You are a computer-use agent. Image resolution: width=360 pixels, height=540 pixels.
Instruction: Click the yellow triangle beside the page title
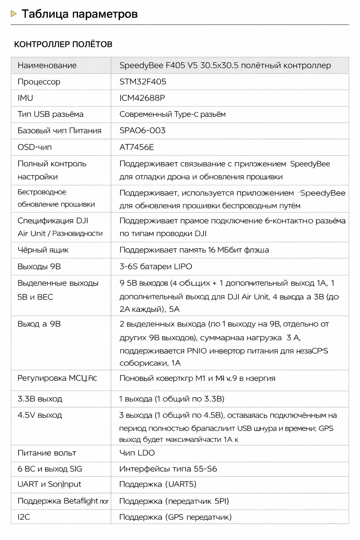(14, 14)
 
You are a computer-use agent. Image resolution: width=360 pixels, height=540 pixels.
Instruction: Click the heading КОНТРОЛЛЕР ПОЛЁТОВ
(63, 44)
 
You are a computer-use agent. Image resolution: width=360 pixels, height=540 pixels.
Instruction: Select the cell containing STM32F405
(143, 82)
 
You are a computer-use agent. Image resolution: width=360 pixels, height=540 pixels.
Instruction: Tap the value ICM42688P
(142, 98)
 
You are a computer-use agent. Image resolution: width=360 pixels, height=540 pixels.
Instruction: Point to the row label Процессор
(39, 82)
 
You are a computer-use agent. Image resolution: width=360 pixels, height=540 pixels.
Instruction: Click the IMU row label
(25, 98)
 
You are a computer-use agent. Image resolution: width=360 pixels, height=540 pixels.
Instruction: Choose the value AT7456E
(136, 147)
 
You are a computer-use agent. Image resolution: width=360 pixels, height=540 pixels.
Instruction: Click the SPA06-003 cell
(142, 130)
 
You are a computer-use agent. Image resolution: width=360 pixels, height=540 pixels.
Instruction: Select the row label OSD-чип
(34, 147)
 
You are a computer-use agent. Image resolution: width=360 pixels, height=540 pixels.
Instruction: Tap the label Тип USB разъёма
(50, 114)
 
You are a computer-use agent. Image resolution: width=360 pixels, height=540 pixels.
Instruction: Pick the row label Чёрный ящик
(43, 250)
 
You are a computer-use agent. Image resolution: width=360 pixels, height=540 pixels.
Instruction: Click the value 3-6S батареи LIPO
(156, 266)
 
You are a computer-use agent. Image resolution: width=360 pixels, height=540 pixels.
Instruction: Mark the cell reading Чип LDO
(137, 453)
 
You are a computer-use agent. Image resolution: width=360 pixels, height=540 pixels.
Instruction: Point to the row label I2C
(24, 517)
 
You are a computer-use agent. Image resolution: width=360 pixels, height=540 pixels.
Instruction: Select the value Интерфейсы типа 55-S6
(168, 469)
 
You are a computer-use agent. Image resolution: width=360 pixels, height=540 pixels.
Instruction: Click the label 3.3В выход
(40, 399)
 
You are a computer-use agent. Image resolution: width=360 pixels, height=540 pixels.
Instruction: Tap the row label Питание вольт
(47, 453)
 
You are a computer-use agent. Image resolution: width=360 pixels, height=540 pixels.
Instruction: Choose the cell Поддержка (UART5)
(157, 484)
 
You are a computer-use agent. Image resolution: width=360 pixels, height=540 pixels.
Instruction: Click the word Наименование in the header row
(47, 65)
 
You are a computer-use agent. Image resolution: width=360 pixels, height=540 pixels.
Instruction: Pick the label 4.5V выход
(40, 415)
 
